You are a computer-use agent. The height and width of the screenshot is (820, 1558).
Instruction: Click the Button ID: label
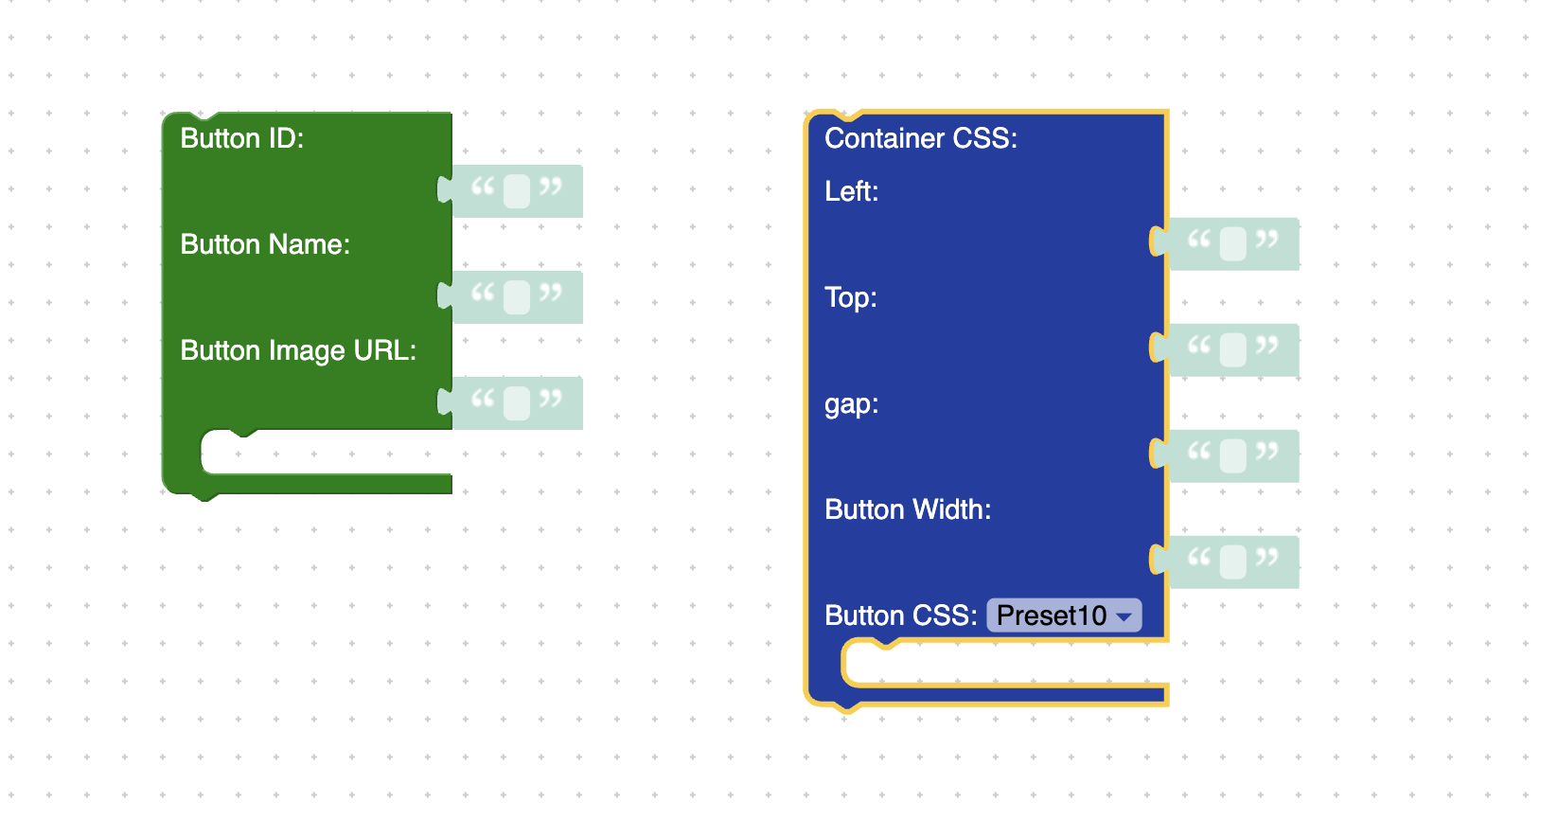[x=242, y=138]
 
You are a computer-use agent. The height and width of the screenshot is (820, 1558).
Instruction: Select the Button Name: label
[x=265, y=245]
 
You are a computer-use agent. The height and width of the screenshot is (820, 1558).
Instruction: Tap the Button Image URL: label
[x=298, y=351]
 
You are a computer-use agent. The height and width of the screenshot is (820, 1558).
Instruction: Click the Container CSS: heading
[x=921, y=138]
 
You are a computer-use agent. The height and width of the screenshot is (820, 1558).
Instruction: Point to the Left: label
[x=851, y=191]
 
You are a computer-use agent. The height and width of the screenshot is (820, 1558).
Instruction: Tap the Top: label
[x=851, y=297]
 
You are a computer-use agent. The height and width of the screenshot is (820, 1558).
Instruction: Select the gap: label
[x=851, y=404]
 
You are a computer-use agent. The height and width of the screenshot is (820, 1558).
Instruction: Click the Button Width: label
[x=908, y=509]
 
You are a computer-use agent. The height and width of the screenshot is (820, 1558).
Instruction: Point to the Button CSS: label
[x=901, y=615]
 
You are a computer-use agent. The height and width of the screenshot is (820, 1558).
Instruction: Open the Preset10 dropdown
[x=1064, y=615]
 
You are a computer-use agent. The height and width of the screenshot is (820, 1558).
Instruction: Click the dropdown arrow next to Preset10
[x=1124, y=617]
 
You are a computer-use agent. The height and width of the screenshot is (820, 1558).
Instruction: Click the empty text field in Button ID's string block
[x=517, y=191]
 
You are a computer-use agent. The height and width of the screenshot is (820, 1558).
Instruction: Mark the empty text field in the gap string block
[x=1233, y=456]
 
